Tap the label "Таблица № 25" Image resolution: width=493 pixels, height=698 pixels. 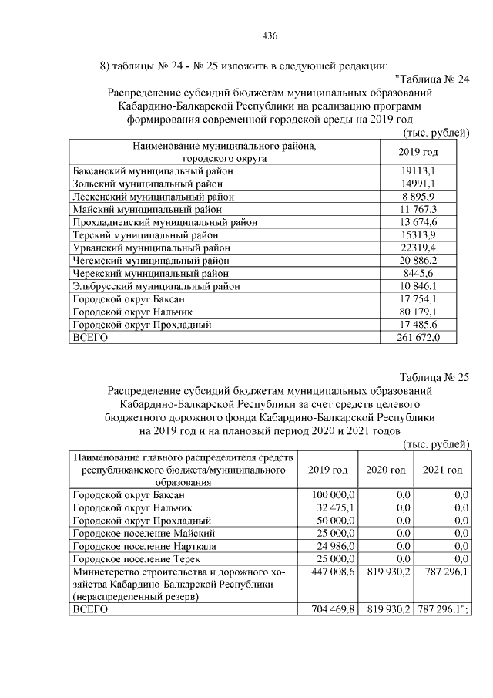click(434, 378)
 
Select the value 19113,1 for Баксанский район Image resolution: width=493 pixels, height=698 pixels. click(419, 170)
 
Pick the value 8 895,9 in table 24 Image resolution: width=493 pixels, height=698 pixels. click(419, 197)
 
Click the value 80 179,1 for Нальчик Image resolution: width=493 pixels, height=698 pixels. click(419, 312)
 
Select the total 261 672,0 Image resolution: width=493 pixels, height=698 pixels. click(419, 338)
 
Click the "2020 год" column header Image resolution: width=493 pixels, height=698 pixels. click(386, 470)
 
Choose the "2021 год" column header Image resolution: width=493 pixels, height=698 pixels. click(444, 470)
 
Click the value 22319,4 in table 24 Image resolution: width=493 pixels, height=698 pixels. click(419, 248)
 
